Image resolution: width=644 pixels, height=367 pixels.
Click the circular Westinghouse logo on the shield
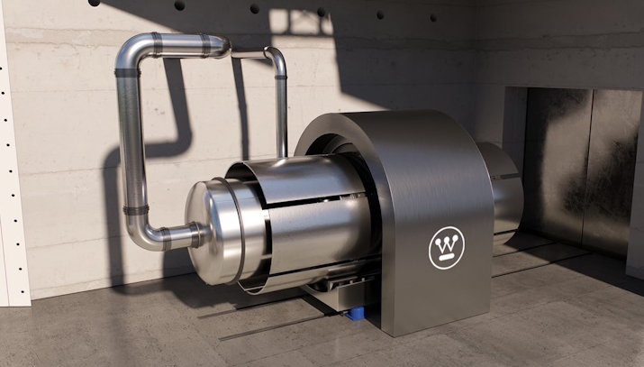point(447,248)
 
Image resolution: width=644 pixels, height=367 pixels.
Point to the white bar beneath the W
point(448,257)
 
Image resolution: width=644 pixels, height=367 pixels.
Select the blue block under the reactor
point(355,313)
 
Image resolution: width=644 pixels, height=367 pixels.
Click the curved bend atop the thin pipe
point(276,56)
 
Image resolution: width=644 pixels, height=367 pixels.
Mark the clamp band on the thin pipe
point(281,77)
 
